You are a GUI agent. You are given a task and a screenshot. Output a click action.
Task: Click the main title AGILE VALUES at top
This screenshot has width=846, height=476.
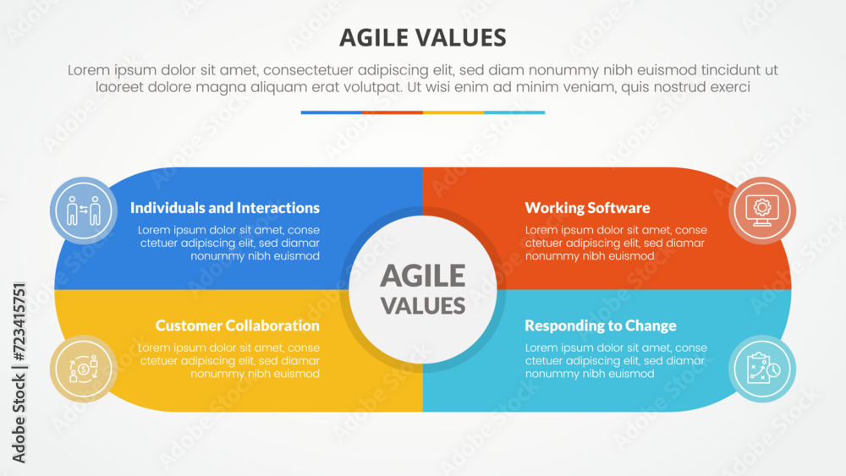tap(422, 37)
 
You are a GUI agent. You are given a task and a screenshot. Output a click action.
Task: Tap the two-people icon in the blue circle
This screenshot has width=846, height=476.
tap(84, 210)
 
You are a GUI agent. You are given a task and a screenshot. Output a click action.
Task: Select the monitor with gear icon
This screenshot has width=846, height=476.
tap(761, 210)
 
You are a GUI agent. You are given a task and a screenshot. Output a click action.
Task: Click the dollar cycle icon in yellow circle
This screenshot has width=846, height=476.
tap(84, 369)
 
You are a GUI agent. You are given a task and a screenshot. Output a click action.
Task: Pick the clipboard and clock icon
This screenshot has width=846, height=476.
tap(761, 369)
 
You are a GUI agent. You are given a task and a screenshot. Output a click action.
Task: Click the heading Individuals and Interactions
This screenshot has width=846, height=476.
tap(225, 208)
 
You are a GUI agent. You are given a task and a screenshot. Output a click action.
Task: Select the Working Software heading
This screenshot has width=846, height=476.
tap(587, 208)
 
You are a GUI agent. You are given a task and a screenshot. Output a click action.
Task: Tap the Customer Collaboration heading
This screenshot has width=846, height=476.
tap(238, 326)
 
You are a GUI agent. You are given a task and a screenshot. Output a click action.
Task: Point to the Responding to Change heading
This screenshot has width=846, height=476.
tap(600, 326)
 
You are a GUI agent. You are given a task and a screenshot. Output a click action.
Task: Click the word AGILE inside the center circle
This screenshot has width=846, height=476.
tap(422, 276)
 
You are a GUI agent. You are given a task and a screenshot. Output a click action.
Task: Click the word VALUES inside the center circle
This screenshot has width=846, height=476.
tap(422, 305)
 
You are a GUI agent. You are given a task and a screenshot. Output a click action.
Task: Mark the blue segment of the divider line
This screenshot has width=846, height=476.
tap(332, 112)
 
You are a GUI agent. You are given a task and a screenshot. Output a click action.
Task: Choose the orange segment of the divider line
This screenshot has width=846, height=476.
tap(393, 112)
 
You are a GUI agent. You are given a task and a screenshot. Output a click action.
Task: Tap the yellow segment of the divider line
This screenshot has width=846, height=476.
tap(453, 112)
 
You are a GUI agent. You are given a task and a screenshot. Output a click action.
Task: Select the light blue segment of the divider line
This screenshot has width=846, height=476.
tap(514, 112)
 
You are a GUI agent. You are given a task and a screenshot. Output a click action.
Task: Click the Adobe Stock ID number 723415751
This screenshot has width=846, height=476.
tap(19, 338)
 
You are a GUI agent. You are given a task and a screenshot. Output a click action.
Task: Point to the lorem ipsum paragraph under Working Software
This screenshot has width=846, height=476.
tap(616, 243)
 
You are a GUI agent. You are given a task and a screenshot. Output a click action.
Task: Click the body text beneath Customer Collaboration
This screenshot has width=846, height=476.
tap(228, 360)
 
